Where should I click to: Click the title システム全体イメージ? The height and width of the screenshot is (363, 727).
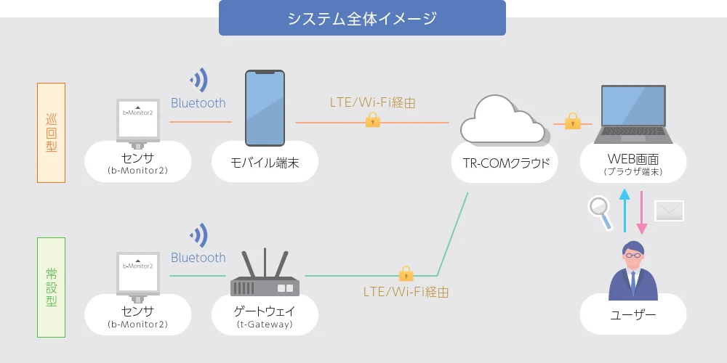(x=362, y=19)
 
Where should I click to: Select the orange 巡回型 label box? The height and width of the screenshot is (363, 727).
(x=51, y=133)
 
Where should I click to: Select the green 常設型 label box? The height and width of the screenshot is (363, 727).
(x=51, y=287)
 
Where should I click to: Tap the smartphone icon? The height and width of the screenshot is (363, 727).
(x=265, y=108)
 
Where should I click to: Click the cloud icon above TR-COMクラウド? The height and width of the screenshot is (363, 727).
(x=504, y=120)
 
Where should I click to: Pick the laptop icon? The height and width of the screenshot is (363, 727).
(x=633, y=114)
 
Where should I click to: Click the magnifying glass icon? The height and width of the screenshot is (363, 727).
(x=601, y=213)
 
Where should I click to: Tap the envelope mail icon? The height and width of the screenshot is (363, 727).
(x=669, y=211)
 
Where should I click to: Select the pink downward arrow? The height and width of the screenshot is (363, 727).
(x=642, y=213)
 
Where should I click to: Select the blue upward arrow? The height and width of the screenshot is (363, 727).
(x=624, y=211)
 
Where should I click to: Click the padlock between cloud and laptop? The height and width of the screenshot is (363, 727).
(x=573, y=121)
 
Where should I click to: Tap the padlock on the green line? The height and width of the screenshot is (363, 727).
(x=406, y=274)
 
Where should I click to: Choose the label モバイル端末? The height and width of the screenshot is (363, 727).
(x=265, y=163)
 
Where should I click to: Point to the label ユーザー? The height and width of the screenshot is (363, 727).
(x=633, y=315)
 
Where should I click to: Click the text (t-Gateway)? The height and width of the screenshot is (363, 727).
(x=265, y=325)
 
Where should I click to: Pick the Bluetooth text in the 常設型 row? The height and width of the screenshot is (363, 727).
(x=198, y=258)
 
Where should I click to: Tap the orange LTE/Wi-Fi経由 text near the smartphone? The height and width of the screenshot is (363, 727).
(x=373, y=103)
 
